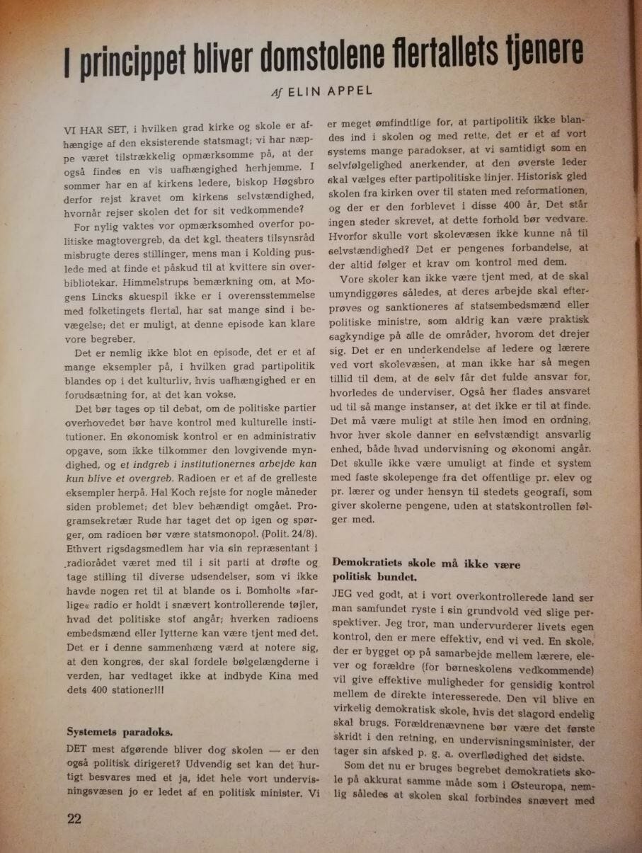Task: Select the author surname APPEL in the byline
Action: click(353, 92)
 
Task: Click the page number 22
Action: click(74, 819)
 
